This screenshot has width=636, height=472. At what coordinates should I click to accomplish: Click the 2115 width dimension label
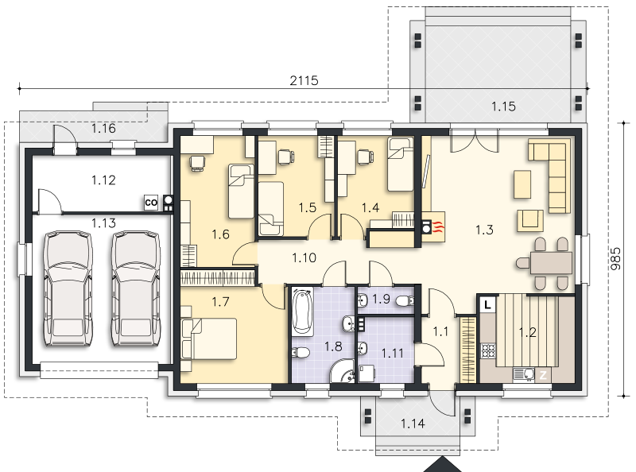[x=304, y=81]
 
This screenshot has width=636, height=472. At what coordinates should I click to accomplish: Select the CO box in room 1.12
[x=151, y=203]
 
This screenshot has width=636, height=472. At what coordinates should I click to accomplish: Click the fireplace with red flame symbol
[x=433, y=227]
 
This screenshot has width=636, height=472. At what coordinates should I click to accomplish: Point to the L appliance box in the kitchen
[x=488, y=304]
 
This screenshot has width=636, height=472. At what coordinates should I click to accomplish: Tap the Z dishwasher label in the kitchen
[x=543, y=375]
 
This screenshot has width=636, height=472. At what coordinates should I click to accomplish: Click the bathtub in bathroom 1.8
[x=303, y=311]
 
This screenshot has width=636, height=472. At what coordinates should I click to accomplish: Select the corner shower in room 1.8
[x=342, y=370]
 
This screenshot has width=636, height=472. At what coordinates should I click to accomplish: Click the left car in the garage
[x=68, y=288]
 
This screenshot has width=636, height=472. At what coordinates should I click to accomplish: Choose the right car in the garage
[x=136, y=288]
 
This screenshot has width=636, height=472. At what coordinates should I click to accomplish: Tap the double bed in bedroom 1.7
[x=209, y=339]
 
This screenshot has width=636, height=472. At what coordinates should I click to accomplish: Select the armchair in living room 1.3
[x=529, y=220]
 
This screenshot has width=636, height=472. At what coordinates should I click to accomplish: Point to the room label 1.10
[x=304, y=257]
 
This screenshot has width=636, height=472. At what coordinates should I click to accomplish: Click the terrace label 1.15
[x=503, y=106]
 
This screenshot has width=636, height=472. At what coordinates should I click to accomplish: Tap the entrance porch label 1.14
[x=413, y=424]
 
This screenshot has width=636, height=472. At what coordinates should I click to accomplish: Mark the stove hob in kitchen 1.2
[x=488, y=350]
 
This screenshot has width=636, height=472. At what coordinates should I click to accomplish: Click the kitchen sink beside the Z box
[x=524, y=374]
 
